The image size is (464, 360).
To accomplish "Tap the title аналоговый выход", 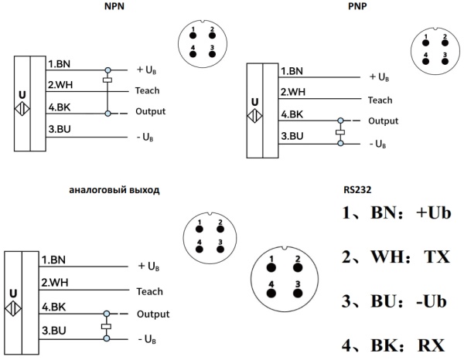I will pos(114,189).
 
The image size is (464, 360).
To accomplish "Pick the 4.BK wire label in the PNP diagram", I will pos(292,115).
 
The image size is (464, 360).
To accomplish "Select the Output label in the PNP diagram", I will pos(383,121).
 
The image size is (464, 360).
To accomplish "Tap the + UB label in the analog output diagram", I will pos(149,266).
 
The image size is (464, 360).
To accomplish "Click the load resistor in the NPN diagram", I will pos(108,80).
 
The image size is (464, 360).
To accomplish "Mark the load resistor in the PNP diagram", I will pos(339,132).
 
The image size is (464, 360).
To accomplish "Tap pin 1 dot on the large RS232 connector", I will pos(271,267).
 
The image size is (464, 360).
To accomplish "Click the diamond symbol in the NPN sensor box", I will pos(22,109).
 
